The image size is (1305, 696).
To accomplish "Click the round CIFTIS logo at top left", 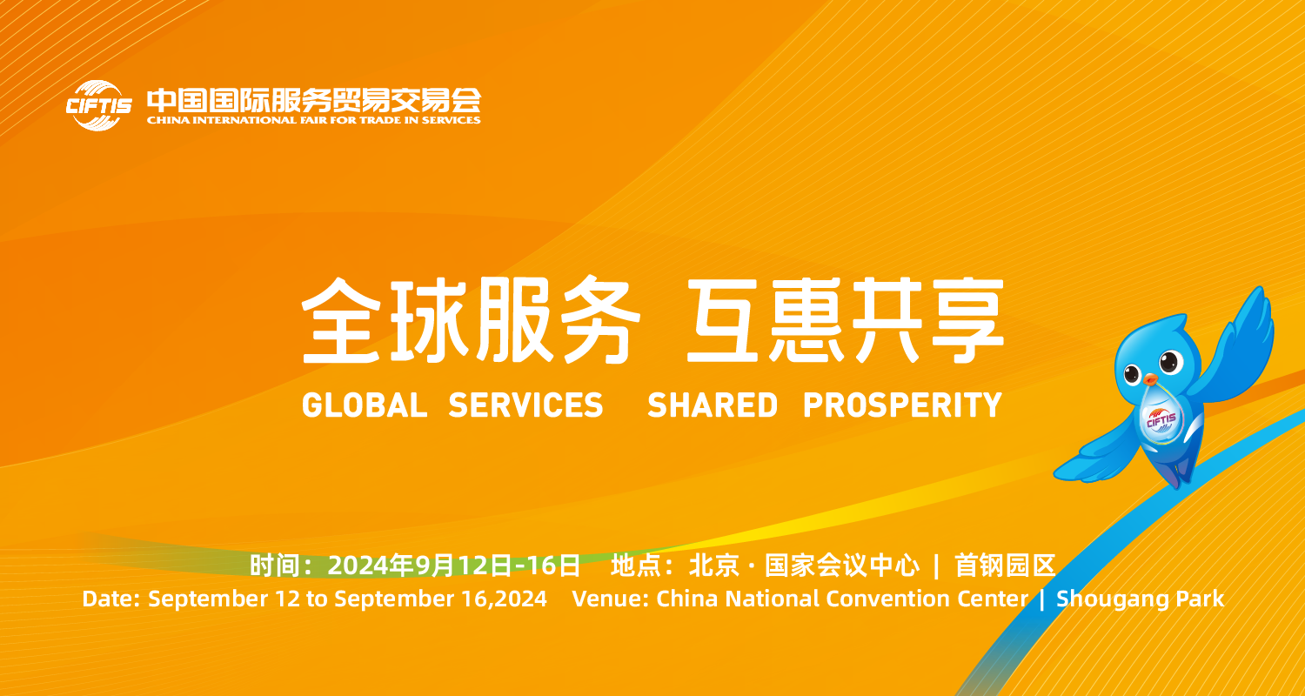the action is pyautogui.click(x=98, y=105).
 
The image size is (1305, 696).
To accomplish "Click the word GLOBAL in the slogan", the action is pyautogui.click(x=365, y=405).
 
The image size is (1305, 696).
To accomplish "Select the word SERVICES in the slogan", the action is pyautogui.click(x=525, y=405).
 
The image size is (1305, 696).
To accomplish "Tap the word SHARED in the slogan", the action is pyautogui.click(x=713, y=405).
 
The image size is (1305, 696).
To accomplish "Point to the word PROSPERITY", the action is pyautogui.click(x=902, y=405).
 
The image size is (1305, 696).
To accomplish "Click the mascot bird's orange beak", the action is pyautogui.click(x=1149, y=379).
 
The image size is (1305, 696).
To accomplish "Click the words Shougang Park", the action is pyautogui.click(x=1140, y=599).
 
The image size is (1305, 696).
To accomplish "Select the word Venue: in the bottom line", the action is pyautogui.click(x=611, y=599).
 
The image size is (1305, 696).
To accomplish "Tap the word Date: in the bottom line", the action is pyautogui.click(x=110, y=599).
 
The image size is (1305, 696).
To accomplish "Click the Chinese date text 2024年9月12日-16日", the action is pyautogui.click(x=454, y=565).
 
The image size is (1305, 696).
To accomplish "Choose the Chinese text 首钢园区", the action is pyautogui.click(x=1005, y=565).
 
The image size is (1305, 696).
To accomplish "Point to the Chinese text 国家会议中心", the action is pyautogui.click(x=842, y=565).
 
